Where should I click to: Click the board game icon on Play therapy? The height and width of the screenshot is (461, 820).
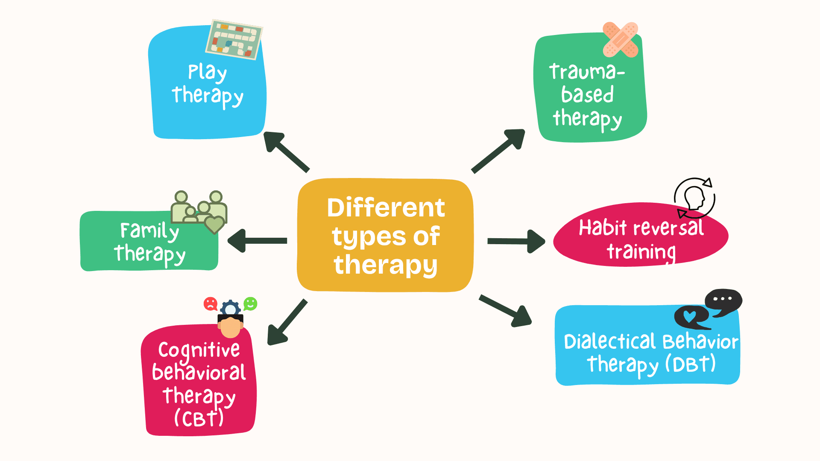tap(234, 39)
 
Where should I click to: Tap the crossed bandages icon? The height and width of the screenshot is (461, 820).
tap(620, 40)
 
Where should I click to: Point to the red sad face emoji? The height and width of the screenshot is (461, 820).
tap(210, 304)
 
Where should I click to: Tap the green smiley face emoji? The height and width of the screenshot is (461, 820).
tap(250, 304)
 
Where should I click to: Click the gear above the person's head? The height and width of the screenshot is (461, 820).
tap(231, 308)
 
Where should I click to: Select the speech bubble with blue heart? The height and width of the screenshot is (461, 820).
tap(691, 317)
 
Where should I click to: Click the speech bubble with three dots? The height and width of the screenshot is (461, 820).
tap(723, 301)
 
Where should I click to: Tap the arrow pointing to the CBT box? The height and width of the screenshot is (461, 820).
tap(286, 323)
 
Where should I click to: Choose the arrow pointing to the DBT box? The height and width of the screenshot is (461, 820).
tap(506, 311)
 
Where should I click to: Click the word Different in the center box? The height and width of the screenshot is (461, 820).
tap(386, 208)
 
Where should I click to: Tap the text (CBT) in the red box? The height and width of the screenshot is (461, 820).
tap(199, 418)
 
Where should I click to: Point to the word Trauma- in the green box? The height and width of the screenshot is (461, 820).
tap(587, 71)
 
